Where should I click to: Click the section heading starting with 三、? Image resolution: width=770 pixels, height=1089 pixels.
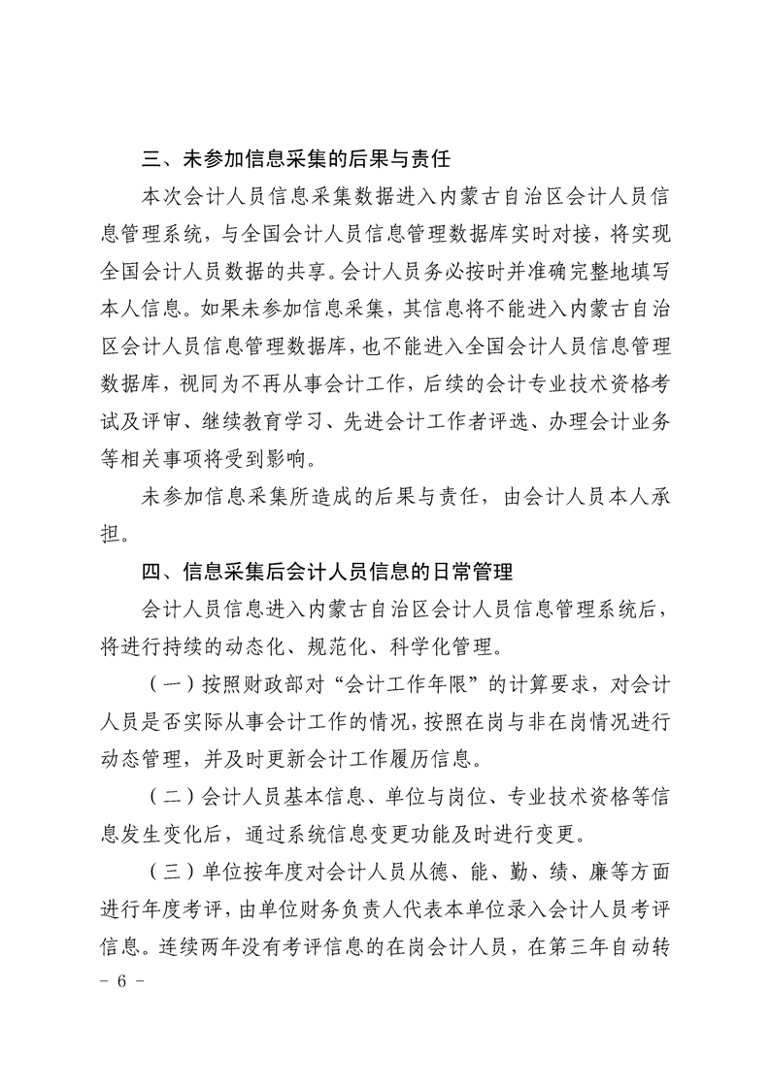294,158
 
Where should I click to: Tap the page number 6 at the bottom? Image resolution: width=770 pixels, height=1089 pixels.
122,981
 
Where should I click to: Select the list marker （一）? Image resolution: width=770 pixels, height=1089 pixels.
169,682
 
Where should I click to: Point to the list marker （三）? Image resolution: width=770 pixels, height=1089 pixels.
169,872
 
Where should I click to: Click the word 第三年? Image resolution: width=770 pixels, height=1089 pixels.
575,946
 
